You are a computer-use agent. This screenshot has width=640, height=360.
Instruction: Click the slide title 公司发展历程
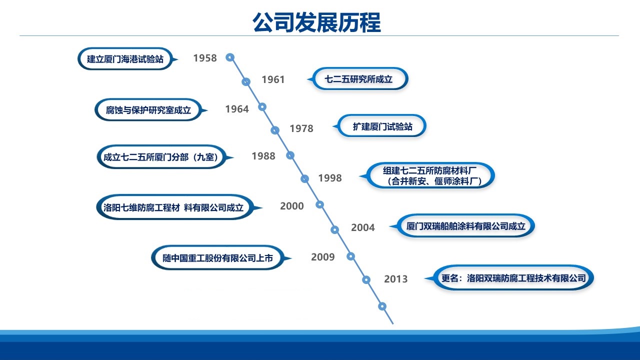(x=316, y=22)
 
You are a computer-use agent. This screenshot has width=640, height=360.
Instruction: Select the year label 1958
(x=205, y=58)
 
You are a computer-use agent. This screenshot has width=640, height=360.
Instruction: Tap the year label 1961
(x=273, y=79)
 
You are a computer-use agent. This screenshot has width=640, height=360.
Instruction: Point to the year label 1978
(x=301, y=128)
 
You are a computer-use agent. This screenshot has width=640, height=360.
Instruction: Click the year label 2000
(x=292, y=206)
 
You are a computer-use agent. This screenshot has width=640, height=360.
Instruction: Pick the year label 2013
(x=396, y=279)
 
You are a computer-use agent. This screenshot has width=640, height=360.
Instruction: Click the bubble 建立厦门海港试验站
(x=125, y=59)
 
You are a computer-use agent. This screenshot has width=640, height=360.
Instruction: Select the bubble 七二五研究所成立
(x=359, y=79)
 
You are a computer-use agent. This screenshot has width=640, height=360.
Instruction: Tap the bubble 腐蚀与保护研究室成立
(x=148, y=110)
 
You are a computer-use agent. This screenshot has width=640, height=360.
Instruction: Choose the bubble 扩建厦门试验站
(x=382, y=126)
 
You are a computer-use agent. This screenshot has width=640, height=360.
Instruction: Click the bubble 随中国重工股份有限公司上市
(x=218, y=258)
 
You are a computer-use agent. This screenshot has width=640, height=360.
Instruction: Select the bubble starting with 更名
(x=513, y=277)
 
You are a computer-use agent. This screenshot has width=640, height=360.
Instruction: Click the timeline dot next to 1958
(x=230, y=57)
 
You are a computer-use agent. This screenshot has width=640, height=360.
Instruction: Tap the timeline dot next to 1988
(x=290, y=155)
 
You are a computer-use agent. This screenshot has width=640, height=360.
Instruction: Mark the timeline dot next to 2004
(x=335, y=229)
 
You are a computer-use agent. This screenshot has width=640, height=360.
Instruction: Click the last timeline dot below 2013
(x=382, y=306)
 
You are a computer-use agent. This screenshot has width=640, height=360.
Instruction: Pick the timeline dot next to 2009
(x=350, y=256)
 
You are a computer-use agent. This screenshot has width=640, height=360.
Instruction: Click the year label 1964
(x=237, y=109)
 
